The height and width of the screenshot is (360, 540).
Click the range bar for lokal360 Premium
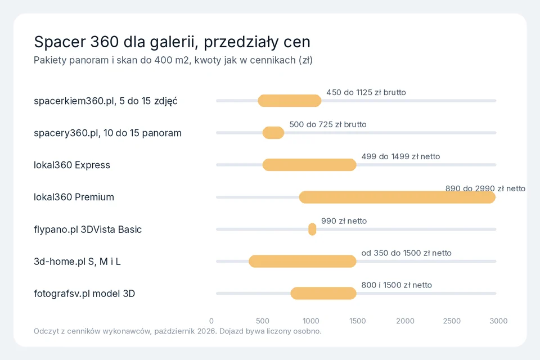click(x=397, y=197)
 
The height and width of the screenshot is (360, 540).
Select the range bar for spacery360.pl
click(x=273, y=133)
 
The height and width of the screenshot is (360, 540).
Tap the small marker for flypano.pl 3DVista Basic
click(x=312, y=229)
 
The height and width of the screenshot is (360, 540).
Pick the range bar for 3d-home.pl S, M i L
click(x=303, y=262)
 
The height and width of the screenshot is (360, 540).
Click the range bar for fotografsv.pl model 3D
click(x=323, y=294)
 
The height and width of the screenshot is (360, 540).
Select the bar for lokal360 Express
click(x=309, y=165)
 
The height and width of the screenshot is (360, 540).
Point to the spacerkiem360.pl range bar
click(x=290, y=101)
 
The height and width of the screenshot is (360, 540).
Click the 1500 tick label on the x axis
click(x=358, y=321)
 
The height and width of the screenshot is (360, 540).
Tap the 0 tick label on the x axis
click(x=211, y=321)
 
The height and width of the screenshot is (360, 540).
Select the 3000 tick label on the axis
click(x=498, y=321)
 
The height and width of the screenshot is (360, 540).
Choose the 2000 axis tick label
click(x=405, y=321)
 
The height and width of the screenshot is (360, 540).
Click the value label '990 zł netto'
click(x=344, y=221)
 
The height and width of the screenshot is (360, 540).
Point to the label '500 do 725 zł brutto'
click(x=328, y=125)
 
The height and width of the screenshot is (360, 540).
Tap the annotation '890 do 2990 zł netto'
click(x=485, y=189)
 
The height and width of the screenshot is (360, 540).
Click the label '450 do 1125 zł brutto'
click(x=366, y=93)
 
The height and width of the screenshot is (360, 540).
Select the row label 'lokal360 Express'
click(x=72, y=165)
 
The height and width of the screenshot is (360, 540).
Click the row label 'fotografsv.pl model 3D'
click(x=84, y=294)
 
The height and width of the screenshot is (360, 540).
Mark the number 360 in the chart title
click(x=105, y=42)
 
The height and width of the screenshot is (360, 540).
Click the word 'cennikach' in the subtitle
click(x=273, y=60)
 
